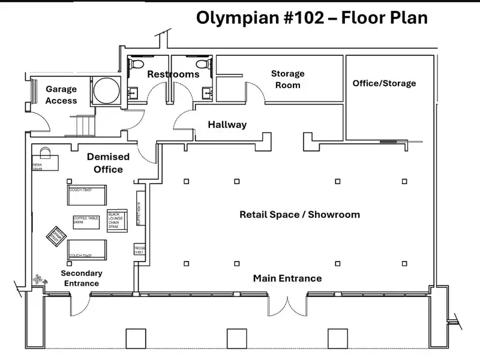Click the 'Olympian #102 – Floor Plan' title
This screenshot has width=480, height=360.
pos(312,17)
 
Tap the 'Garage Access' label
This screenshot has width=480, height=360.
pos(61,95)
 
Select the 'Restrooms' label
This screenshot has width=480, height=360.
pos(173,74)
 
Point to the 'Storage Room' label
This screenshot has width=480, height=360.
pos(287,79)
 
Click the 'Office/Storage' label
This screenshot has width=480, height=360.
pos(384,83)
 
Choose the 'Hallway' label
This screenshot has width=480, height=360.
pos(227,125)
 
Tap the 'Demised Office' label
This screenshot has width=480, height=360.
pos(108,163)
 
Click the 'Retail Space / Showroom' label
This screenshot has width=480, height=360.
pos(299,214)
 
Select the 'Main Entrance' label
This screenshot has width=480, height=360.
pos(287,278)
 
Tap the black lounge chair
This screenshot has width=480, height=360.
pos(116,221)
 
